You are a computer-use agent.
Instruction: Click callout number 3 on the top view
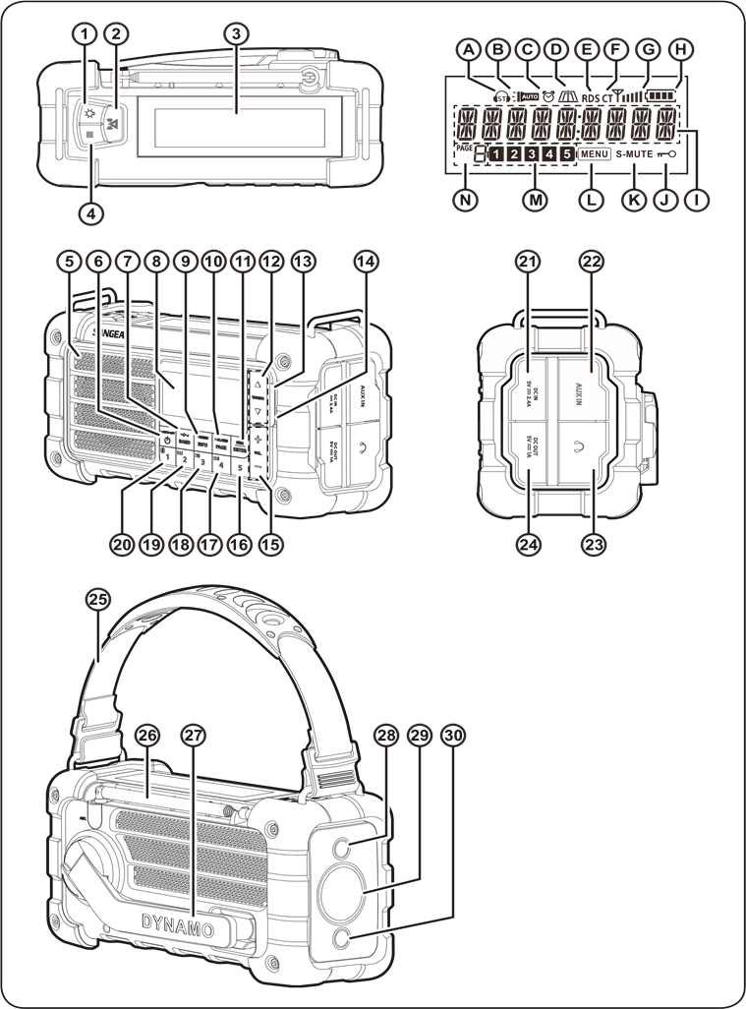(x=233, y=32)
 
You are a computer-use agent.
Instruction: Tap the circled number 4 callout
(x=90, y=209)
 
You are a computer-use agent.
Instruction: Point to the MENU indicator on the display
(x=595, y=154)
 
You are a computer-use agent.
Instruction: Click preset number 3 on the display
(x=532, y=154)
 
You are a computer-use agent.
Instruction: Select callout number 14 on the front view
(x=367, y=262)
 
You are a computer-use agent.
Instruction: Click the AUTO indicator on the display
(x=530, y=98)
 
